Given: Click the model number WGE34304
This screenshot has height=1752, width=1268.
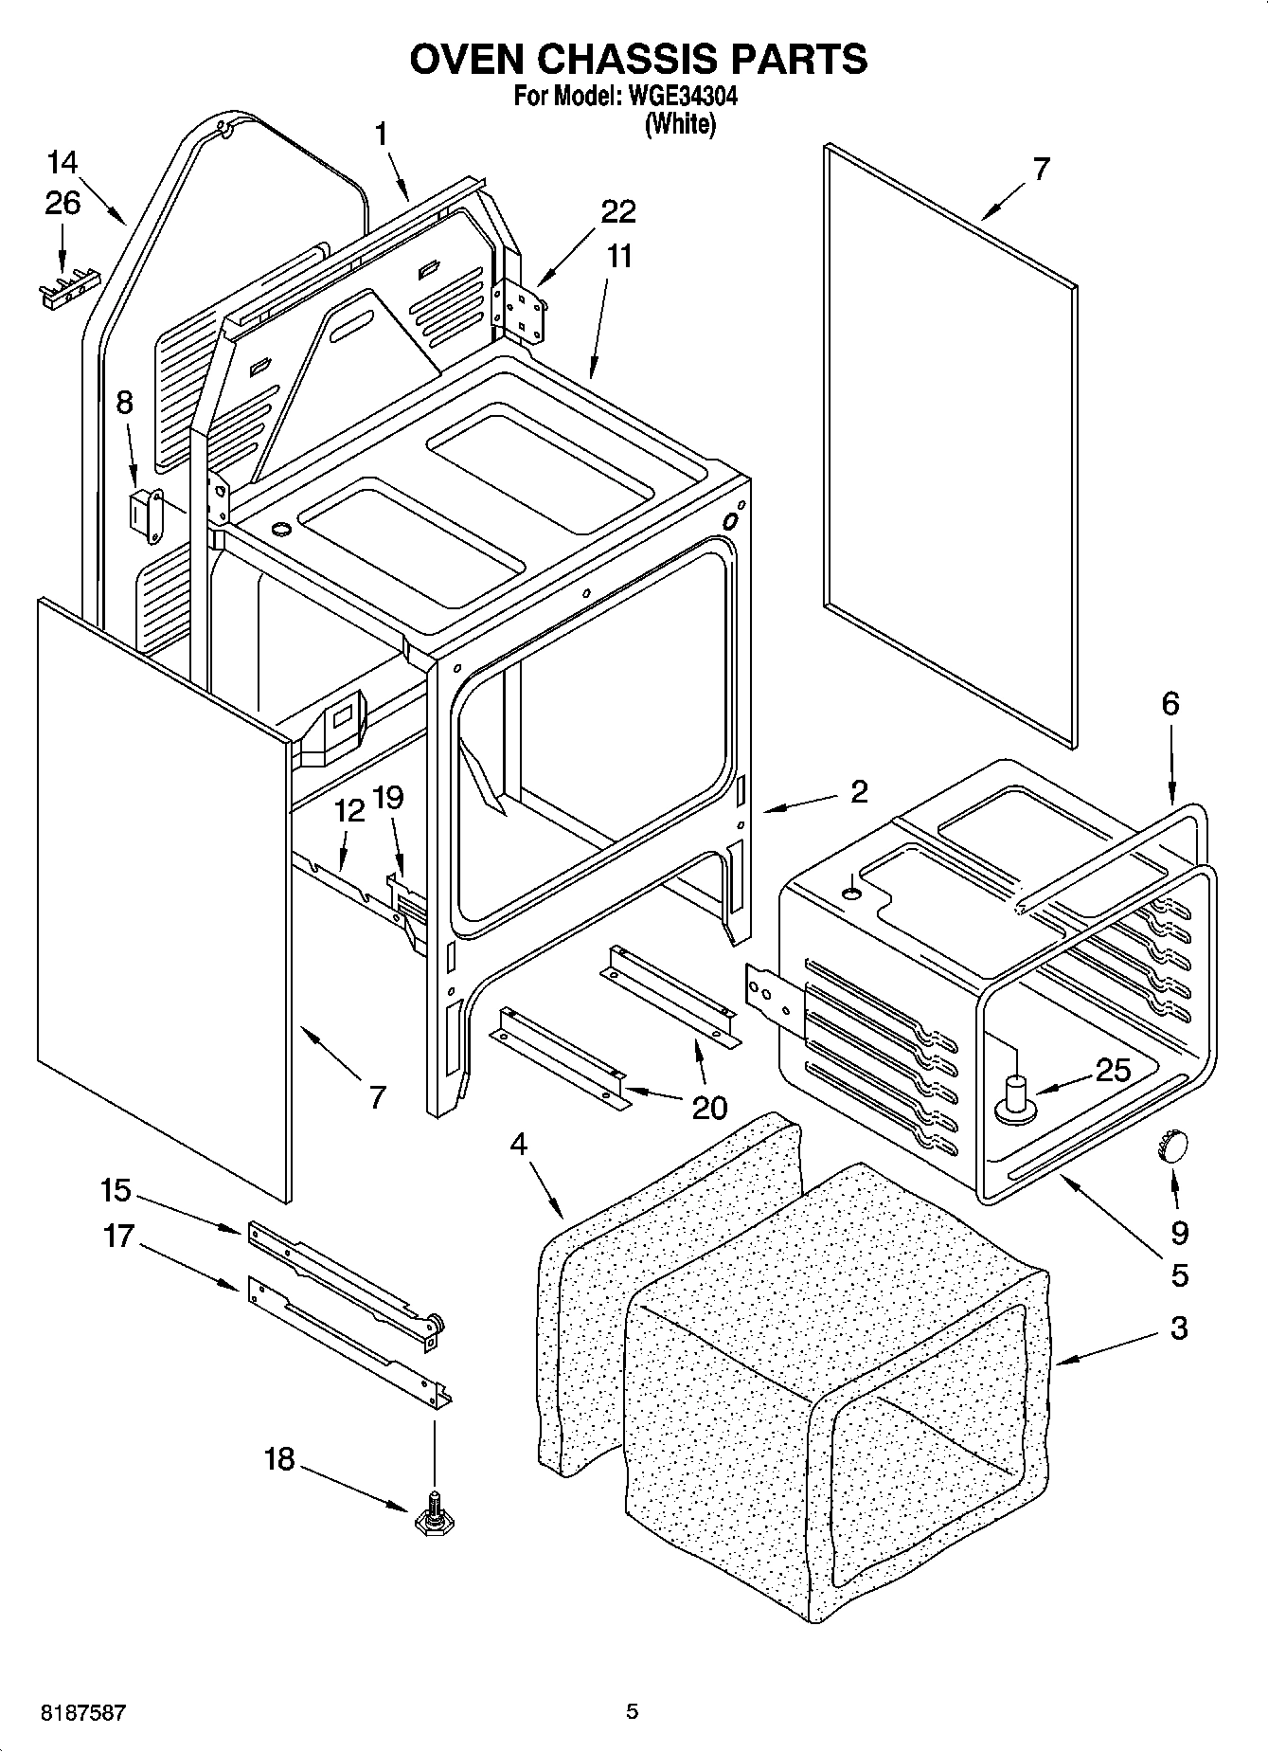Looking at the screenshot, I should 677,97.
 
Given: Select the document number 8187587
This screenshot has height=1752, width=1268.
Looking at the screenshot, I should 82,1712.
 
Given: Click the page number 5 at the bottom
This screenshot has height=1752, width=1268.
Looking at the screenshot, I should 632,1711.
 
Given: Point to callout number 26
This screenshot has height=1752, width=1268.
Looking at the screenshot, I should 63,203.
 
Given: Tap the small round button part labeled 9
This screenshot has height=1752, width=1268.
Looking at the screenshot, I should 1170,1147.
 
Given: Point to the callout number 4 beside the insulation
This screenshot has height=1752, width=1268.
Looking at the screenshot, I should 518,1145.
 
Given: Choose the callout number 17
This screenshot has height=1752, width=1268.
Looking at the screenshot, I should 119,1237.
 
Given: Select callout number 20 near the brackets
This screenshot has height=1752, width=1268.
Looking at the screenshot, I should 709,1107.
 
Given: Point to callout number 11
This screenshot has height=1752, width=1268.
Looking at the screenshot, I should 619,257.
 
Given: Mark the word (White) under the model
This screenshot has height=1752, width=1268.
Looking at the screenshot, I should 679,124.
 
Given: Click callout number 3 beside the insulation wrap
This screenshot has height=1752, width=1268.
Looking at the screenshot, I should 1178,1328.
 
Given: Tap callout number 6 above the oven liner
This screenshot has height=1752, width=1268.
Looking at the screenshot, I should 1170,703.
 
